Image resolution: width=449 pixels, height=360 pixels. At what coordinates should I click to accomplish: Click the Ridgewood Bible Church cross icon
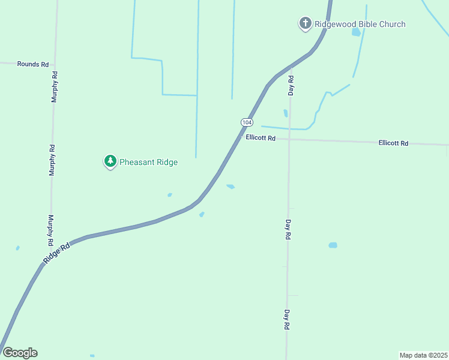click(305, 24)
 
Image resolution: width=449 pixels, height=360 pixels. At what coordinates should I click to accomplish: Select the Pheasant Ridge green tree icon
click(110, 161)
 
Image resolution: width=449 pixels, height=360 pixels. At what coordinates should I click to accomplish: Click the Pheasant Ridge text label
click(149, 162)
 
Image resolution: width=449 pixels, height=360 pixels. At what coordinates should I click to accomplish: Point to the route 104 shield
click(247, 122)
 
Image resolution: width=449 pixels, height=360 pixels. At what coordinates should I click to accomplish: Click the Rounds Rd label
click(32, 64)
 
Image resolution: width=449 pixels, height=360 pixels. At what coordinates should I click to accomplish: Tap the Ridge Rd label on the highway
click(56, 253)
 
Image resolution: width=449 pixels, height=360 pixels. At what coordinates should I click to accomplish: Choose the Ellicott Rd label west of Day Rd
click(261, 138)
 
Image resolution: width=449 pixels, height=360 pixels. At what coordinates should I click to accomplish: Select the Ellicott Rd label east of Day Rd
click(393, 143)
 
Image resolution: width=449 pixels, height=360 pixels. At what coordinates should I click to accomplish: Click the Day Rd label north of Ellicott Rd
click(291, 86)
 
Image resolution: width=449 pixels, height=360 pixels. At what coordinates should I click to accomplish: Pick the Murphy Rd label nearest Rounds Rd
click(55, 87)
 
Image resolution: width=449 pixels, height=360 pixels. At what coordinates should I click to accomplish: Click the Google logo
click(20, 353)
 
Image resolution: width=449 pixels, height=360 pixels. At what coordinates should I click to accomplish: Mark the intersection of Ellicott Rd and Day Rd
click(289, 139)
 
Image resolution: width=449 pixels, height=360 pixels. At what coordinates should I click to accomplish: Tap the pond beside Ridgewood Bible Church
click(356, 32)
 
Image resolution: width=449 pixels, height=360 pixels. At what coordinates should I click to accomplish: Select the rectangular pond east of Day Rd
click(333, 245)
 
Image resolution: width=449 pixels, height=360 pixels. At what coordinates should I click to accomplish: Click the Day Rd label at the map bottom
click(288, 320)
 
